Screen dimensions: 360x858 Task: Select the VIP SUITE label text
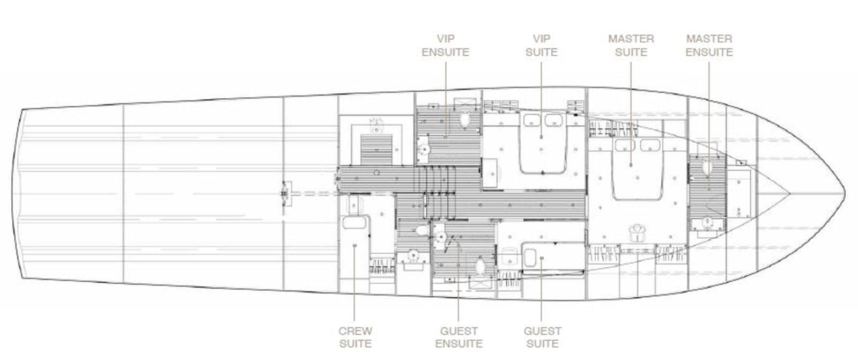click(542, 46)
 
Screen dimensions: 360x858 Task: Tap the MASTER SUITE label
click(631, 46)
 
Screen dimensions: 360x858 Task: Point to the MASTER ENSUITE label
click(709, 46)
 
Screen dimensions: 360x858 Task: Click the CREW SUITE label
click(355, 337)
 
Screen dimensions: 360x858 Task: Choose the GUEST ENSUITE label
click(458, 337)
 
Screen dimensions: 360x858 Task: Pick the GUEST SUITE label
click(542, 337)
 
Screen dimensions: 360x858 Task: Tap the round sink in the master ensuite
click(707, 222)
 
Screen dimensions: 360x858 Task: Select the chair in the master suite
click(637, 232)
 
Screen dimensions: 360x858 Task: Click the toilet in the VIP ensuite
click(465, 119)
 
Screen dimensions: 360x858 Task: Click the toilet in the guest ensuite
click(480, 265)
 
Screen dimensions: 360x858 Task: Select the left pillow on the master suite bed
click(622, 145)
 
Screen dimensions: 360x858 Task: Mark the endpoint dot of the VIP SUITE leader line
click(542, 138)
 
